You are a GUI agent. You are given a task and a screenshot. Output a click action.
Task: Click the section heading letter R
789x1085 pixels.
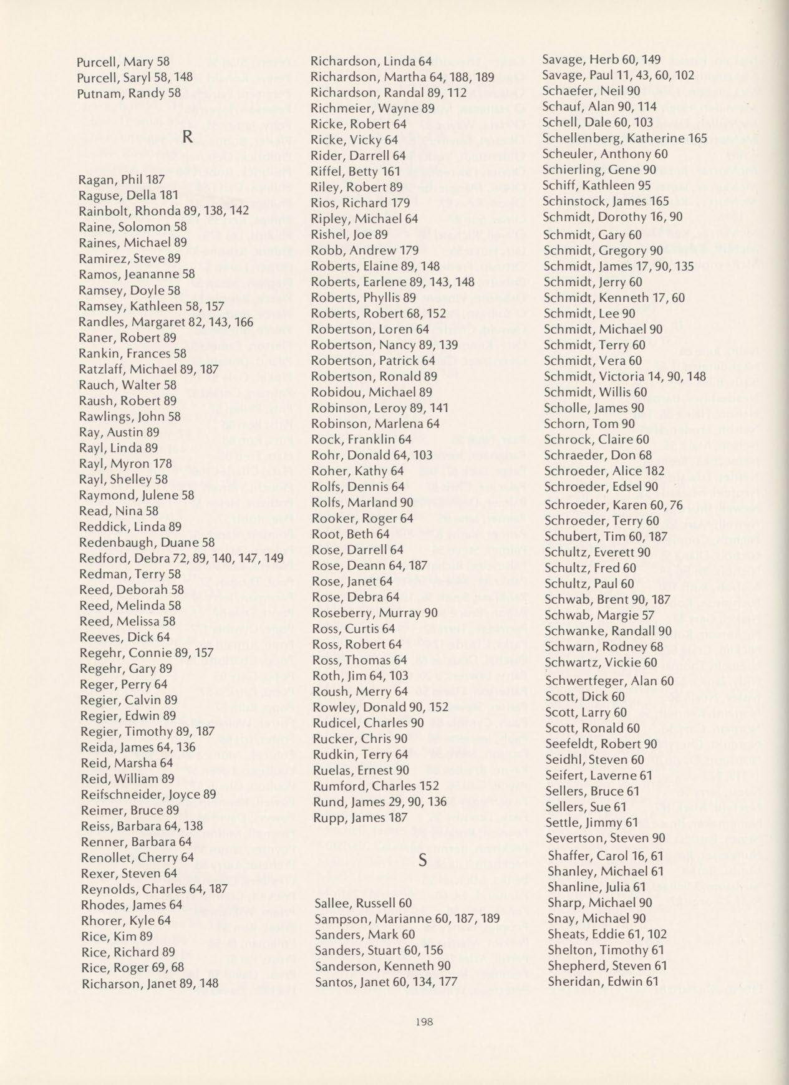[186, 137]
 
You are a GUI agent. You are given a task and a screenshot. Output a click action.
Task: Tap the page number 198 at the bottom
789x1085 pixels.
[424, 1021]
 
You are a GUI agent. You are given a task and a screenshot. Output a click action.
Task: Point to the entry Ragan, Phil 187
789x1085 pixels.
[122, 179]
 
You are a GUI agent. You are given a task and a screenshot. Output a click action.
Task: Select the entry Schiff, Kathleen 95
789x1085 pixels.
[597, 185]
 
